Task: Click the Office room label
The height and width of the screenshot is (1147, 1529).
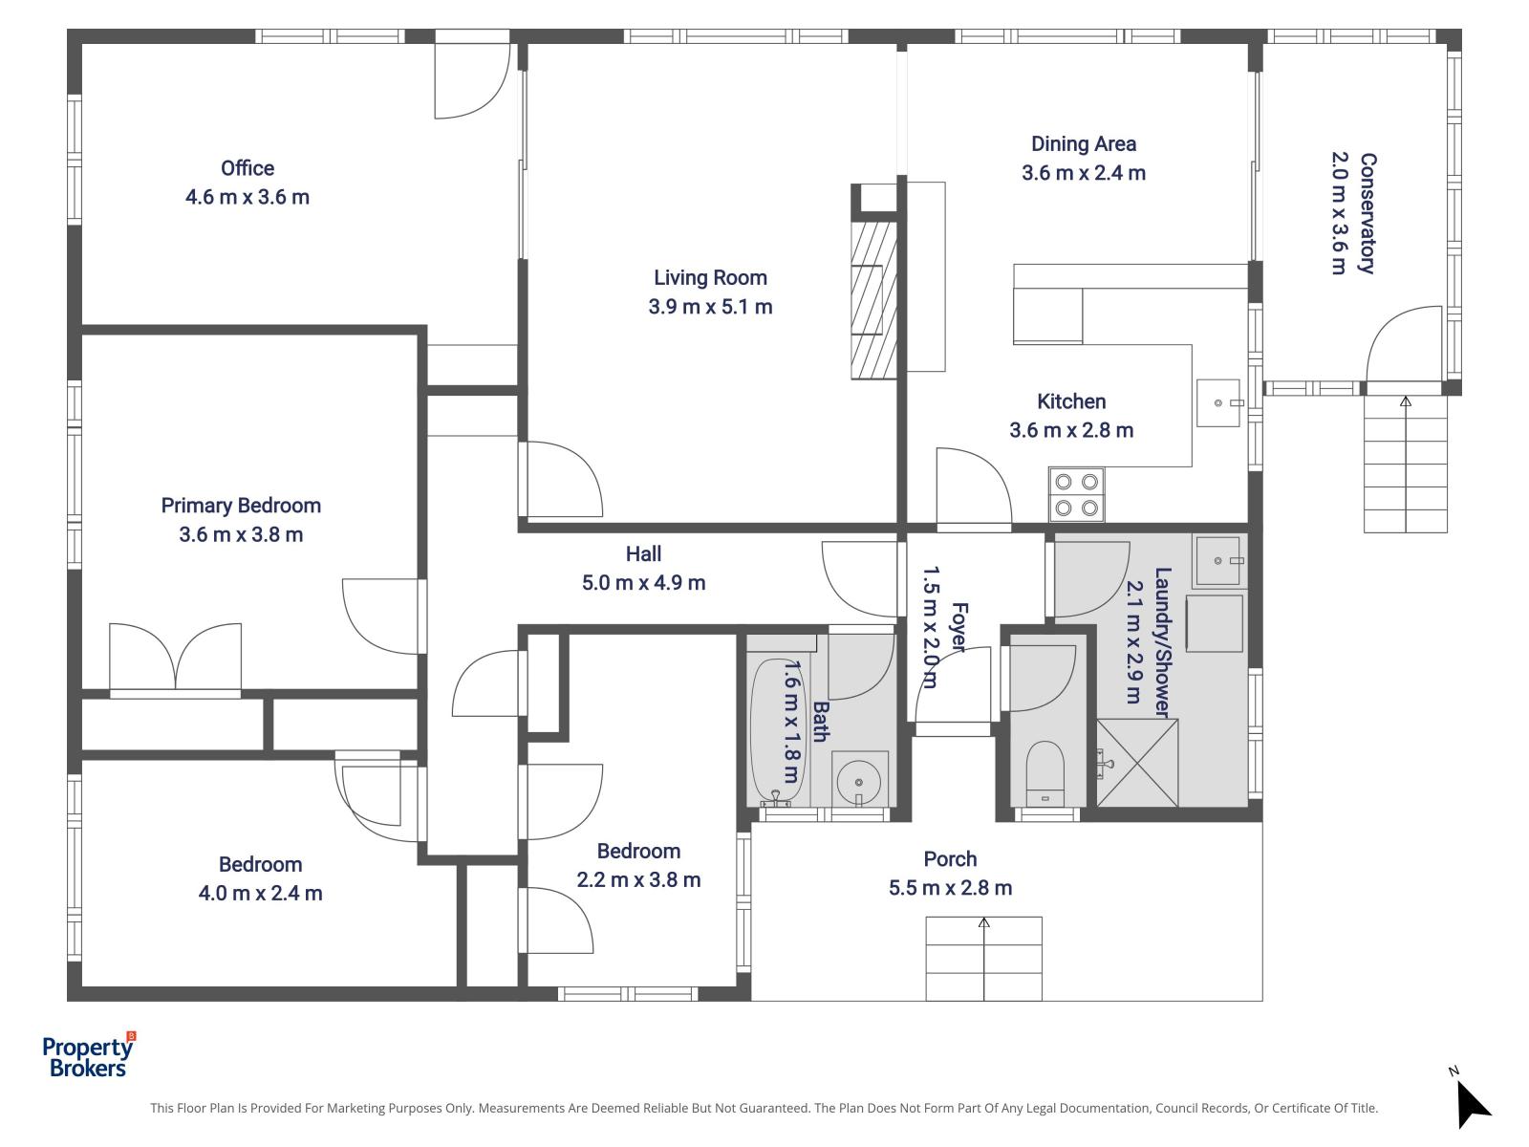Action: click(248, 168)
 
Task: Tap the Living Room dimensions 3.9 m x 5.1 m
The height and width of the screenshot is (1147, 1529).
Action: click(710, 307)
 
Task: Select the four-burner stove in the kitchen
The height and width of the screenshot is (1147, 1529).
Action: click(1076, 494)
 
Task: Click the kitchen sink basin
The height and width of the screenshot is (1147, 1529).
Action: click(1218, 403)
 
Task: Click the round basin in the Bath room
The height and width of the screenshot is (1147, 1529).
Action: click(859, 780)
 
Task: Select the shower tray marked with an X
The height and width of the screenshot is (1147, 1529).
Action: click(1137, 763)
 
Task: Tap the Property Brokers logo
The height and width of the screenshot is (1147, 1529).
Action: click(88, 1055)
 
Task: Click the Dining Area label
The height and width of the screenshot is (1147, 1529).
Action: click(1083, 144)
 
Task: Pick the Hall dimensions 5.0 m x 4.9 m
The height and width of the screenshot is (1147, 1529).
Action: click(643, 582)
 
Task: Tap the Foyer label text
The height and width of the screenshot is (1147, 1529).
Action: click(958, 627)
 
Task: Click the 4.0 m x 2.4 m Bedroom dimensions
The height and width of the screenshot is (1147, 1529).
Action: click(260, 894)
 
